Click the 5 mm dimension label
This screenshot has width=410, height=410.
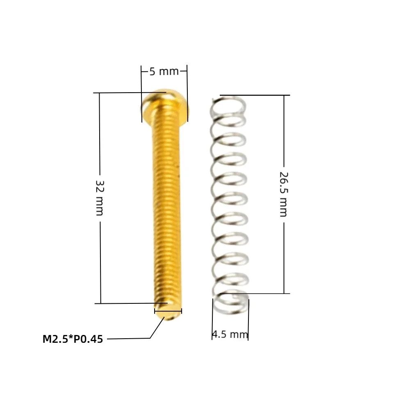click(164, 71)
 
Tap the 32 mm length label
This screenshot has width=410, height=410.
click(100, 198)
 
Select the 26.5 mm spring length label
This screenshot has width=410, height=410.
click(283, 194)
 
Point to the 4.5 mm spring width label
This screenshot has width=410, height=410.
click(230, 335)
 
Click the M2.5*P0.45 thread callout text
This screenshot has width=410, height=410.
click(73, 339)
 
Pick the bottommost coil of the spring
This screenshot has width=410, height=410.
click(230, 303)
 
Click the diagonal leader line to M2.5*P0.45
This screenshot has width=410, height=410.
click(157, 327)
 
